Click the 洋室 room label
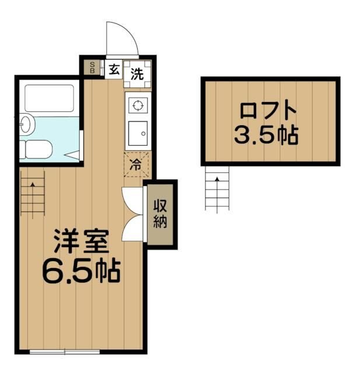82,241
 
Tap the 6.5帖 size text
82,271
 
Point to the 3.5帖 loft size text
266,135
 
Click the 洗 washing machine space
137,74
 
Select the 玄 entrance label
114,69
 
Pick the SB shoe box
92,68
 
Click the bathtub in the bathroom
49,98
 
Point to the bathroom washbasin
27,124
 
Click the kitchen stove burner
138,105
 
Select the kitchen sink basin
138,133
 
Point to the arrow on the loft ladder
217,195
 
